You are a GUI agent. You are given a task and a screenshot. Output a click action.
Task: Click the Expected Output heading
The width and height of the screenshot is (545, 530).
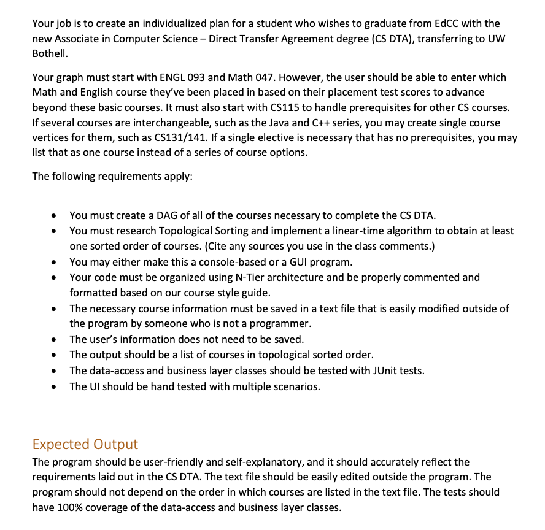click(x=85, y=444)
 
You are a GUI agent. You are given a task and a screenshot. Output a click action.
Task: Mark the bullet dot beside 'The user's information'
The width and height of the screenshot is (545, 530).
click(x=55, y=340)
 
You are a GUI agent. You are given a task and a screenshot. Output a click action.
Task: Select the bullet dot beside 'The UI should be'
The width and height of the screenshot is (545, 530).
click(x=55, y=387)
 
